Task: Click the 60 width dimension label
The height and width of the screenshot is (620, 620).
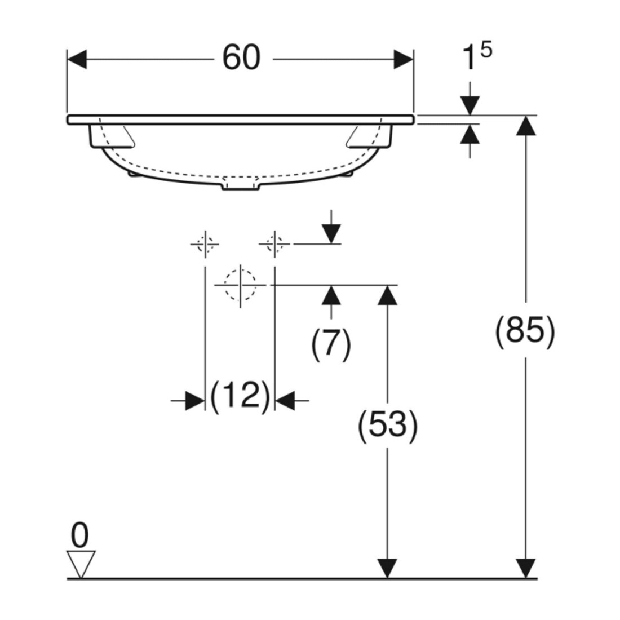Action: coord(242,57)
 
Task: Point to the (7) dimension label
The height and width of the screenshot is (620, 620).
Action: coord(331,344)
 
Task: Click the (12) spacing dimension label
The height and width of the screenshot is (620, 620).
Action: coord(240,397)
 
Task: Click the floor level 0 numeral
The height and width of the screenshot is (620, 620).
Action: coord(80,535)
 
